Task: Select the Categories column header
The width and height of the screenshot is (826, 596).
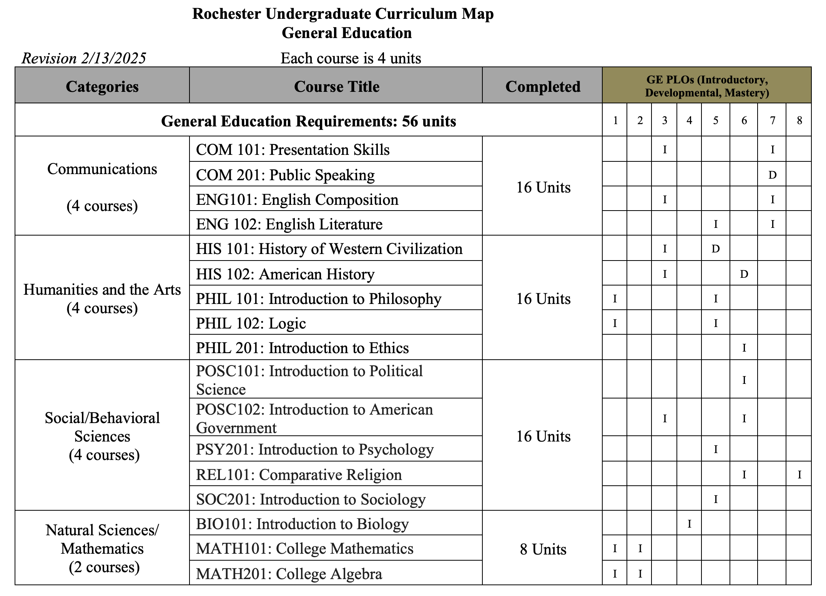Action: click(x=102, y=86)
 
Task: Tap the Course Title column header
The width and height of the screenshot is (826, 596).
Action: click(x=336, y=86)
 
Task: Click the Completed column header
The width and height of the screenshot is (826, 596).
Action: click(x=542, y=86)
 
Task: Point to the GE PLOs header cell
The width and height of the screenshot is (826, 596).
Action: click(x=706, y=86)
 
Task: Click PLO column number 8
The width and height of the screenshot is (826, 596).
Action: click(x=799, y=121)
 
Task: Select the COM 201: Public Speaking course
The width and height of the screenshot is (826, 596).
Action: click(x=285, y=175)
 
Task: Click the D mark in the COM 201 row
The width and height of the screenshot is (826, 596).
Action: click(x=772, y=175)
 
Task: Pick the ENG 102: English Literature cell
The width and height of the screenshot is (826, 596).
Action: click(x=289, y=224)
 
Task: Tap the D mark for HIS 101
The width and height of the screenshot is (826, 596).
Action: click(x=715, y=249)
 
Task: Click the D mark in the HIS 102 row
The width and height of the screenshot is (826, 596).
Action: click(x=744, y=274)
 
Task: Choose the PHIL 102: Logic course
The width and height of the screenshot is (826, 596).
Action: click(x=251, y=324)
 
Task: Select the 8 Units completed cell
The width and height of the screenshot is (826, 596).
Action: click(x=543, y=549)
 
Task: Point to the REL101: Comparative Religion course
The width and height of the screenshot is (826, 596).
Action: click(x=299, y=475)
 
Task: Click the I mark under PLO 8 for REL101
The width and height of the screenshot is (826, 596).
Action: click(x=799, y=475)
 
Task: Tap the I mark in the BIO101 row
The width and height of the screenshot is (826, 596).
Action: click(x=689, y=524)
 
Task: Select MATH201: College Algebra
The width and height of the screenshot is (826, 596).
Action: click(x=289, y=574)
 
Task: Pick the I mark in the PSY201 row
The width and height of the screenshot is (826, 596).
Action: click(x=715, y=449)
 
